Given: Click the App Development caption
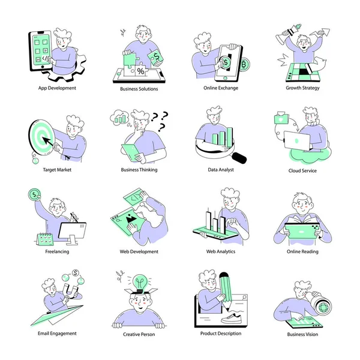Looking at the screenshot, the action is (x=57, y=88).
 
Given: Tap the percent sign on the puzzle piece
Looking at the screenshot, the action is (x=141, y=71).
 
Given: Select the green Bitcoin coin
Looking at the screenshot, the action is (x=244, y=65).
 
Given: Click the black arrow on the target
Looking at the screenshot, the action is (x=48, y=141).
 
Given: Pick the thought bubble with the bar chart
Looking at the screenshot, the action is (x=119, y=118).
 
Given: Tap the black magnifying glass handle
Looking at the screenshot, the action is (x=239, y=158).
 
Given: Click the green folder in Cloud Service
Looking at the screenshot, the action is (x=281, y=118).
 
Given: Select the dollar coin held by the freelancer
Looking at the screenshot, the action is (x=34, y=194).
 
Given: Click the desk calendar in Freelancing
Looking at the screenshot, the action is (x=45, y=239).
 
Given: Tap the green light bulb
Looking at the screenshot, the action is (x=140, y=283).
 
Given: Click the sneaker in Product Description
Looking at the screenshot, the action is (x=231, y=318).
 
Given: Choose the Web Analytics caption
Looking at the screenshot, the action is (x=221, y=251).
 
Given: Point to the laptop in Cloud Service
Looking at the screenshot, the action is (x=297, y=140).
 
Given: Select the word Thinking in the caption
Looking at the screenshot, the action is (x=149, y=170).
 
